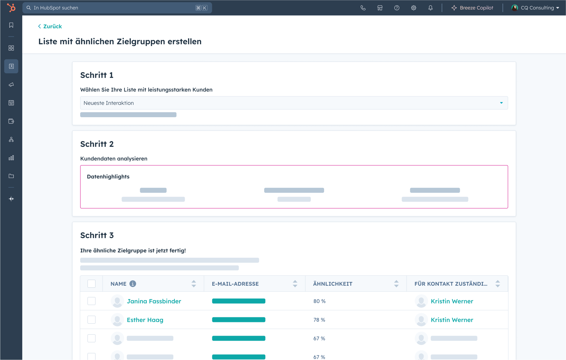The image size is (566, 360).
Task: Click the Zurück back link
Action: (x=50, y=26)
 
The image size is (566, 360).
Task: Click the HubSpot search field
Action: (x=113, y=8)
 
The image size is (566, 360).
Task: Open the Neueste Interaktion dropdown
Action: (x=294, y=103)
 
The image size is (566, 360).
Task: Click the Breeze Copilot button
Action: (x=472, y=8)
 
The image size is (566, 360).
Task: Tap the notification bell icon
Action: (x=430, y=8)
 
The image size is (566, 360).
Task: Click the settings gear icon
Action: (x=414, y=8)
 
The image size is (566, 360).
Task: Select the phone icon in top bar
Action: (x=363, y=8)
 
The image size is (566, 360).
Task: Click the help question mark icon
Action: (x=397, y=8)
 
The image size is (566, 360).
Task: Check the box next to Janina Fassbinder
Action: (x=92, y=301)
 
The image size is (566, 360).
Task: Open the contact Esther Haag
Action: (x=145, y=320)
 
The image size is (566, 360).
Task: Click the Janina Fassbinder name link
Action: (x=154, y=301)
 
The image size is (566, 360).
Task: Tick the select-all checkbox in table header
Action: (x=92, y=284)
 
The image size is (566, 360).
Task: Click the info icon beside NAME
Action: (x=133, y=284)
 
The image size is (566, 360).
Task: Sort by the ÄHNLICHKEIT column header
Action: (x=333, y=284)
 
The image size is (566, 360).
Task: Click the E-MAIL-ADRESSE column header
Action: (x=235, y=284)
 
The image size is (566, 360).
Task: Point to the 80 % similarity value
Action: (x=319, y=301)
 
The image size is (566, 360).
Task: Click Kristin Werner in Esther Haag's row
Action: (x=452, y=320)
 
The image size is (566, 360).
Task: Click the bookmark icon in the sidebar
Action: (x=11, y=25)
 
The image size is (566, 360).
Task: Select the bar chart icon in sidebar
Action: (x=11, y=158)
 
